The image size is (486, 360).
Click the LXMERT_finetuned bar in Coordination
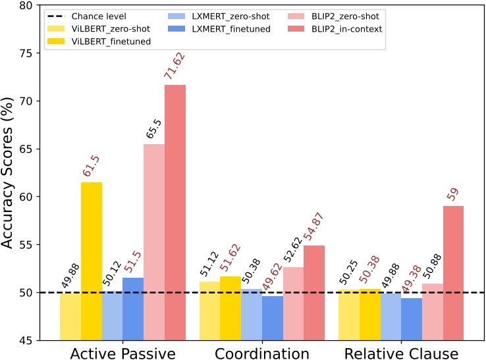click(x=272, y=318)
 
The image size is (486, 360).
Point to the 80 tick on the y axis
click(x=30, y=6)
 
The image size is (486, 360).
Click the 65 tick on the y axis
click(x=30, y=149)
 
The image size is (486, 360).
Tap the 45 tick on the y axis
click(x=30, y=340)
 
